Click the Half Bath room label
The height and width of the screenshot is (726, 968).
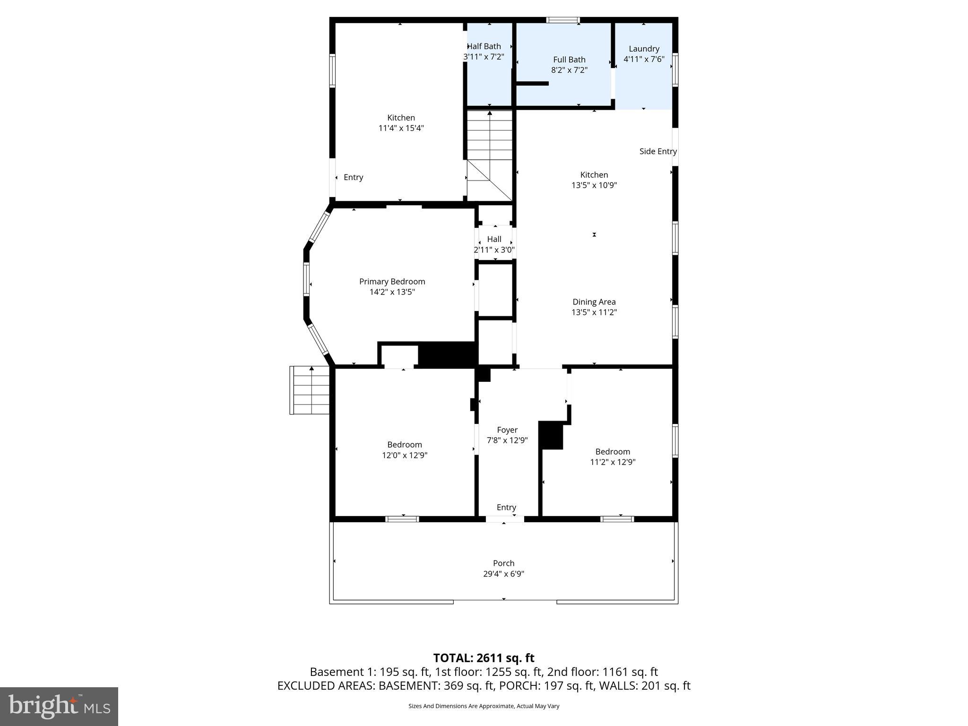coord(484,46)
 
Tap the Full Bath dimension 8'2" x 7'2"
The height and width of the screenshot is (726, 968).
coord(569,70)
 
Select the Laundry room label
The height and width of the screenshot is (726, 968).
coord(644,49)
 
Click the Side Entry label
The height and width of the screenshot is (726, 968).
coord(657,151)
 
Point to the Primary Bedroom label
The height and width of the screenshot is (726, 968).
coord(392,282)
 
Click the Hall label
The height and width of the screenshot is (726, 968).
coord(494,239)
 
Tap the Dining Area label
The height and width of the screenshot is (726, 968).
coord(594,302)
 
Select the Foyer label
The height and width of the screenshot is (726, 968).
coord(507,430)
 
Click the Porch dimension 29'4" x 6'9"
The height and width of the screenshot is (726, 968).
coord(503,574)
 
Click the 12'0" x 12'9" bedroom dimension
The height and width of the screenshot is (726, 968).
coord(405,455)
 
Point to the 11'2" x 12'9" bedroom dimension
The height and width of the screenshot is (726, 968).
coord(613,462)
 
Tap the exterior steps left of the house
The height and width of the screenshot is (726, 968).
coord(310,390)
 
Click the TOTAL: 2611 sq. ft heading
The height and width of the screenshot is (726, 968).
coord(484,658)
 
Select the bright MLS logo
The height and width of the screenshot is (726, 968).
coord(59,706)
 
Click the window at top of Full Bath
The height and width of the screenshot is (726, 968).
coord(562,20)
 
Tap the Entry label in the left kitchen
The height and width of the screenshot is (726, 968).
coord(353,177)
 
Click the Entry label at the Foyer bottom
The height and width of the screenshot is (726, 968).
coord(506,507)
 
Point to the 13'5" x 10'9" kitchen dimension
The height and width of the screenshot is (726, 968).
coord(594,185)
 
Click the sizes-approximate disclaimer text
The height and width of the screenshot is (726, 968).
coord(484,706)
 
